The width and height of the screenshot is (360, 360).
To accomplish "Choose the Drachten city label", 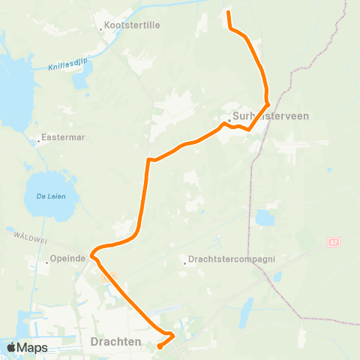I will pos(116,341).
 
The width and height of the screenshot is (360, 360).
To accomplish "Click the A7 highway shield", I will pos(332,241).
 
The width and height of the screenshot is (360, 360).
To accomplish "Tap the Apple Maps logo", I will pos(26,347).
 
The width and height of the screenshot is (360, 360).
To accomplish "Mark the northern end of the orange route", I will pos(229,13).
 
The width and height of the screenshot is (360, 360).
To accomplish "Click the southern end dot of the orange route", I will pos(160,346).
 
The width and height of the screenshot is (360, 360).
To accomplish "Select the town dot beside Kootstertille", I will pos(101,28).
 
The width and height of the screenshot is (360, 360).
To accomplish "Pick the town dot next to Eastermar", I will pos(39,140).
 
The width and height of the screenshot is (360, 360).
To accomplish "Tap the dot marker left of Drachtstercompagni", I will pos(185,262).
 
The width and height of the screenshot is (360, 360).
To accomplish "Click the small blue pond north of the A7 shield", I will pos(265,217).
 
